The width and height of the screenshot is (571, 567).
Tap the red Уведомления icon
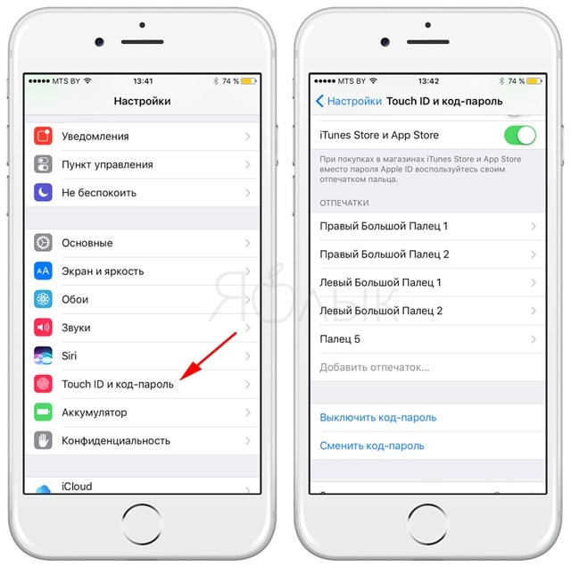click(43, 136)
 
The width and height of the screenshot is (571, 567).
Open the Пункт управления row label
click(107, 164)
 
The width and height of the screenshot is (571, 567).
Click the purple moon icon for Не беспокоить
click(43, 192)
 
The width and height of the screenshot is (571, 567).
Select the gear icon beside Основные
click(43, 243)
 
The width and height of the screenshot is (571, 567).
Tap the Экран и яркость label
click(103, 271)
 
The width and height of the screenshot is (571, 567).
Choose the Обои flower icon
click(43, 299)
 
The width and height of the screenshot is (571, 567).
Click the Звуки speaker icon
click(43, 327)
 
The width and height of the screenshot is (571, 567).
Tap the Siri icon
click(43, 355)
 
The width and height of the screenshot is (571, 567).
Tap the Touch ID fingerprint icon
click(43, 384)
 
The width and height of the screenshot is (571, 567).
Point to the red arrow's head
click(181, 379)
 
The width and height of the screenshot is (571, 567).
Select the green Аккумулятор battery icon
click(43, 413)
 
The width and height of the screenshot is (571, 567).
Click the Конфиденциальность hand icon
click(43, 440)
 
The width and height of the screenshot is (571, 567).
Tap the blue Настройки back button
click(349, 101)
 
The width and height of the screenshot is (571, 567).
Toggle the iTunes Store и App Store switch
click(519, 135)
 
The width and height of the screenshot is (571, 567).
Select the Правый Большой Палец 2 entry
click(385, 254)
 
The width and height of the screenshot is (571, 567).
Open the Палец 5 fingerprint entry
click(340, 339)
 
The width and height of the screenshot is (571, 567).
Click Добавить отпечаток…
click(375, 367)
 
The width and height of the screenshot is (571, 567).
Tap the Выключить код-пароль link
click(378, 418)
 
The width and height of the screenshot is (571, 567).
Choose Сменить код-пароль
click(372, 446)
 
